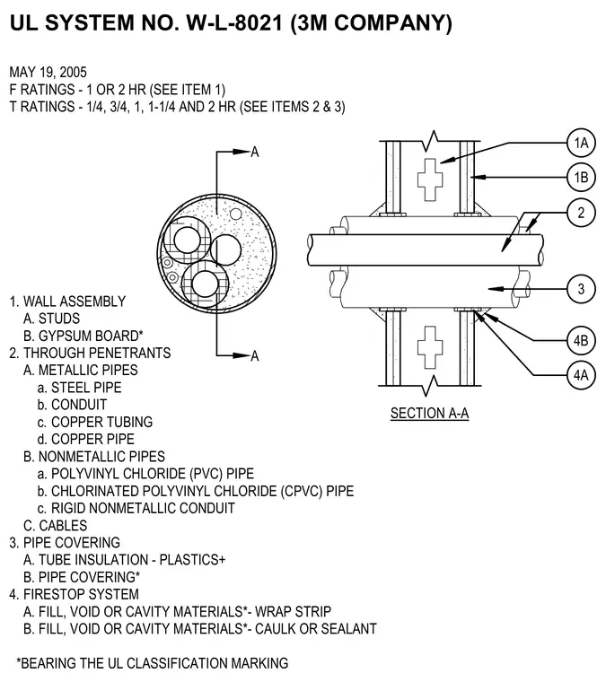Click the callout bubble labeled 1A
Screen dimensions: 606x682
tap(581, 143)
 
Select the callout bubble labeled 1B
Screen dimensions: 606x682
tap(581, 178)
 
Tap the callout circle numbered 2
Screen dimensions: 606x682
tap(581, 213)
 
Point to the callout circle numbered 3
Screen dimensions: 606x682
tap(581, 289)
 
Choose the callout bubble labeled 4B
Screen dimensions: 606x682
tap(581, 340)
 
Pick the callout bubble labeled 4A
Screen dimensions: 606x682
tap(581, 375)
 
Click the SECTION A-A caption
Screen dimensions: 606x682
tap(430, 413)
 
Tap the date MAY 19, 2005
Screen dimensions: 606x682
tap(48, 72)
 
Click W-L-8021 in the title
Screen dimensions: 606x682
tap(235, 22)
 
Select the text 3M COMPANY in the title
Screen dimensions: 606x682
tap(374, 22)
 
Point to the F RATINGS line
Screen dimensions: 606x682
tap(118, 90)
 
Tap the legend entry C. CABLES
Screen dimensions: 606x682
tap(56, 526)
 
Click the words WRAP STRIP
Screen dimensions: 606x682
tap(294, 611)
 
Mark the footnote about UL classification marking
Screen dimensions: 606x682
tap(153, 663)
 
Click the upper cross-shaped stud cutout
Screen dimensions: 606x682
tap(430, 179)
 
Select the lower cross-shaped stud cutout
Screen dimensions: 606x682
tap(430, 347)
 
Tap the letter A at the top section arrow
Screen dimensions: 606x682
tap(255, 152)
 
